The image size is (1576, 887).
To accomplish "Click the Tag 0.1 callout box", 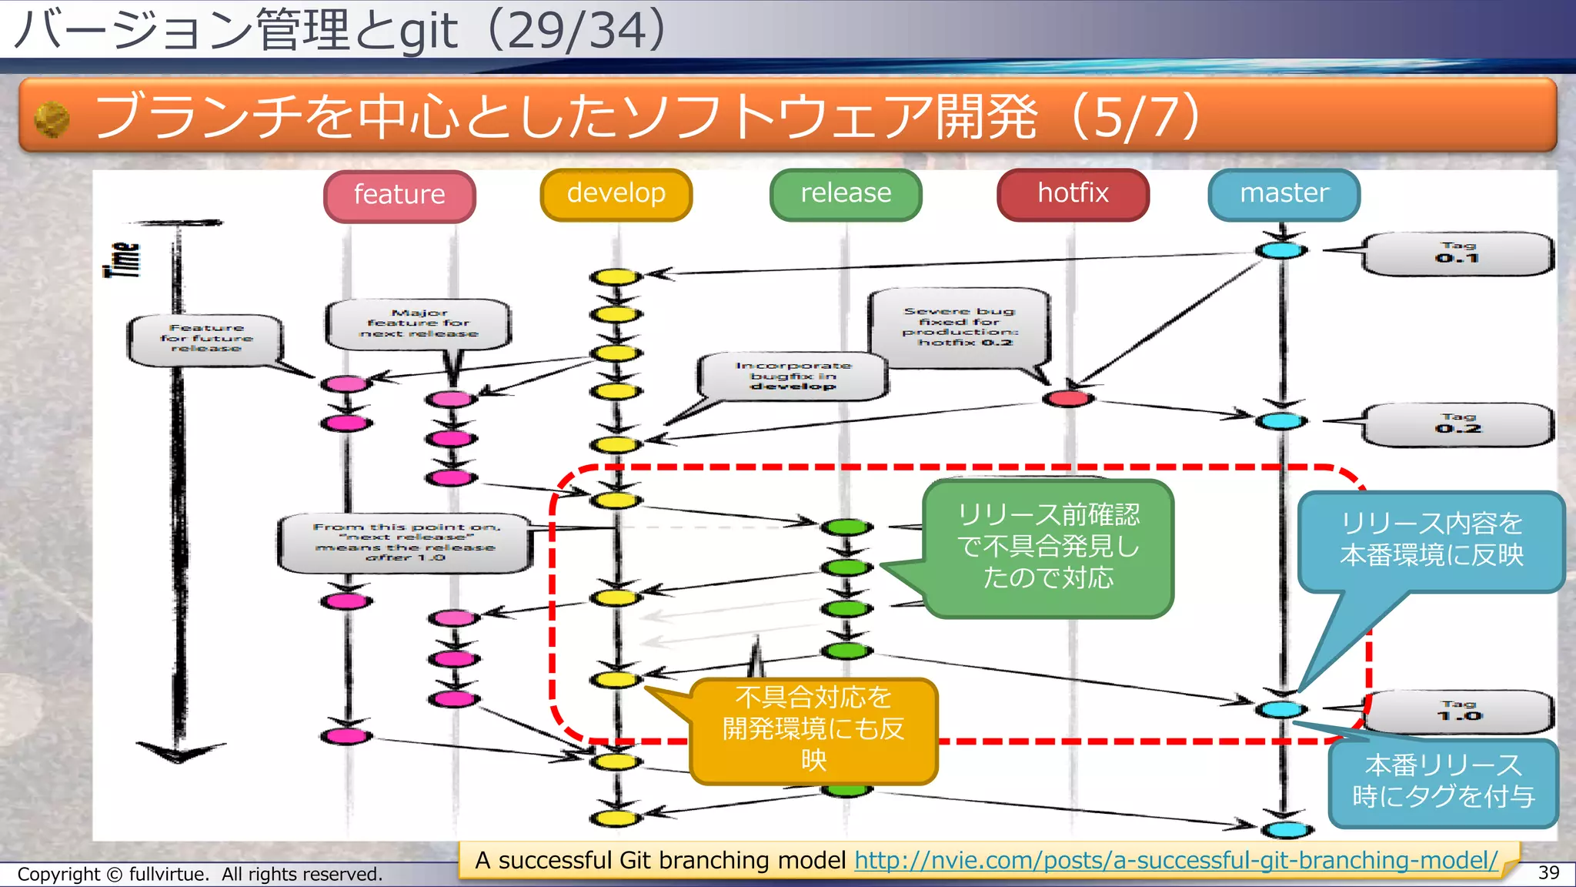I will [1457, 254].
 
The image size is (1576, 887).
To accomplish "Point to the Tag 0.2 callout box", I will [1457, 425].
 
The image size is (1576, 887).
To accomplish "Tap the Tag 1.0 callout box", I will [1458, 711].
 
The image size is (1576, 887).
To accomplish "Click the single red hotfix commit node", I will [1068, 398].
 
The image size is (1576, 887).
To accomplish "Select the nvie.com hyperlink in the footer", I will [1176, 860].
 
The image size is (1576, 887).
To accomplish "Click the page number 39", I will [1548, 872].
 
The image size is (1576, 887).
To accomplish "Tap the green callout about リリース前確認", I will [1048, 547].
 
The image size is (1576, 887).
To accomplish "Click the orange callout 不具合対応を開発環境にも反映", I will [813, 729].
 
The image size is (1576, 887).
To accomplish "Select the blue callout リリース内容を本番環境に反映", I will [1431, 541].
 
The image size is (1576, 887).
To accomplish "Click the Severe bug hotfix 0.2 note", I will [959, 327].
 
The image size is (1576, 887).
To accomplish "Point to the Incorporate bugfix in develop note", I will [793, 376].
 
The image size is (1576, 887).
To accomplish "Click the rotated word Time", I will [123, 259].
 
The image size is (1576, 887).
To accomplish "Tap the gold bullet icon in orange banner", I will [52, 120].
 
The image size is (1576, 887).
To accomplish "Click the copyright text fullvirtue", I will [199, 875].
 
